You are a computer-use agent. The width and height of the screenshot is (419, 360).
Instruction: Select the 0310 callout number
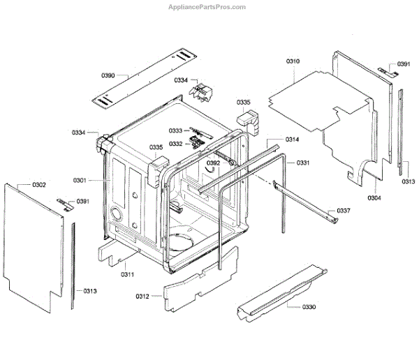click(x=293, y=62)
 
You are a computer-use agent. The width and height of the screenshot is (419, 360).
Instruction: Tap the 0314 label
click(x=292, y=140)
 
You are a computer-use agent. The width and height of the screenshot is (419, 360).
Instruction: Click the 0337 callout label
click(x=343, y=211)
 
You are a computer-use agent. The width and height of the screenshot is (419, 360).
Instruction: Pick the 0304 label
click(x=374, y=197)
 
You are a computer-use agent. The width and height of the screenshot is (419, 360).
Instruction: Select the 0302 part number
click(x=39, y=185)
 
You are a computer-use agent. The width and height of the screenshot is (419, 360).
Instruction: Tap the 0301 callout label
click(x=79, y=181)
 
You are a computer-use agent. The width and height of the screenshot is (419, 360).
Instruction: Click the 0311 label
click(x=126, y=274)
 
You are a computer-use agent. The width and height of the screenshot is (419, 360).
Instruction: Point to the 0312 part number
click(x=142, y=297)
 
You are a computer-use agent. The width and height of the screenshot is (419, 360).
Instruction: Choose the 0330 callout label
click(x=309, y=307)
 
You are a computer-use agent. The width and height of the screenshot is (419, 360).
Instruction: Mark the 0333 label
click(x=175, y=131)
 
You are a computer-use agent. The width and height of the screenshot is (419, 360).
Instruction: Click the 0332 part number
click(x=175, y=144)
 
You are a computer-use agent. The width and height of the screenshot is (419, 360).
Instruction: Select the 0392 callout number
click(x=213, y=163)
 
